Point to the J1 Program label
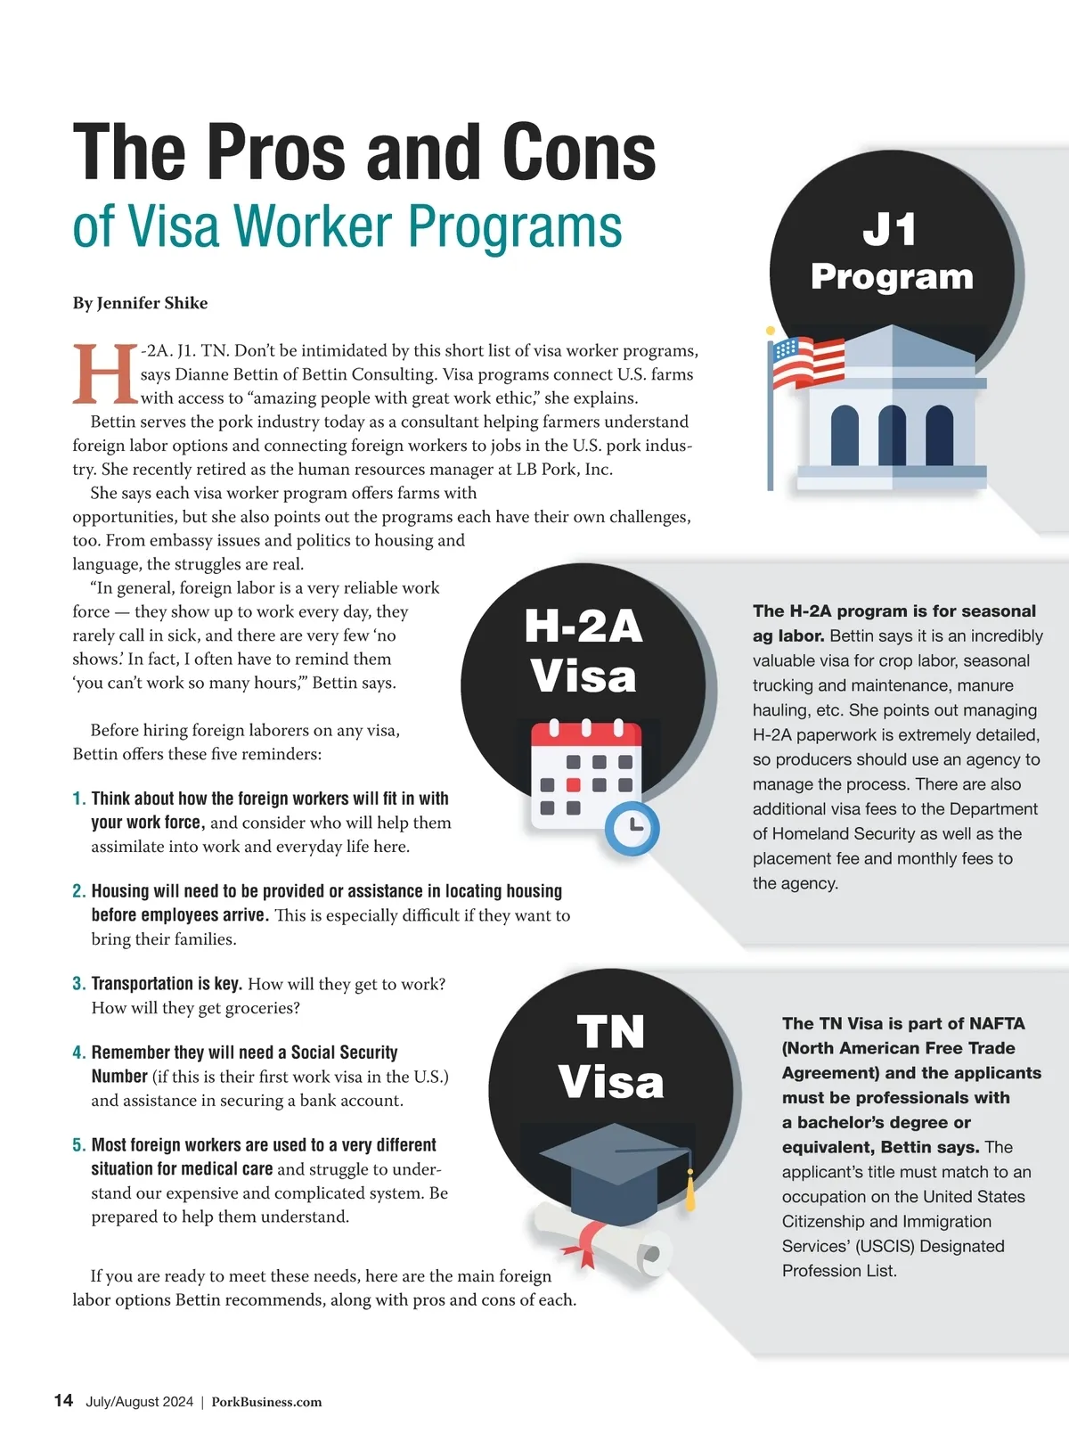tap(892, 253)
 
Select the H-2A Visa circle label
tap(583, 651)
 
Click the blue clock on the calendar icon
tap(632, 828)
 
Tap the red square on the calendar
tap(574, 785)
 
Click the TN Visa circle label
tap(611, 1057)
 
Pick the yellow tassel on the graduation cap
tap(690, 1192)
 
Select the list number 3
tap(79, 984)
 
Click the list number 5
tap(79, 1145)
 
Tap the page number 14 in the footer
tap(63, 1400)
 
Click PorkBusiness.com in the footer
tap(266, 1402)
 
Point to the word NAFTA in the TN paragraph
tap(997, 1023)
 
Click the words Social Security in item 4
tap(344, 1053)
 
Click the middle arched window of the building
tap(892, 435)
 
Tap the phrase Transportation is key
tap(167, 984)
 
